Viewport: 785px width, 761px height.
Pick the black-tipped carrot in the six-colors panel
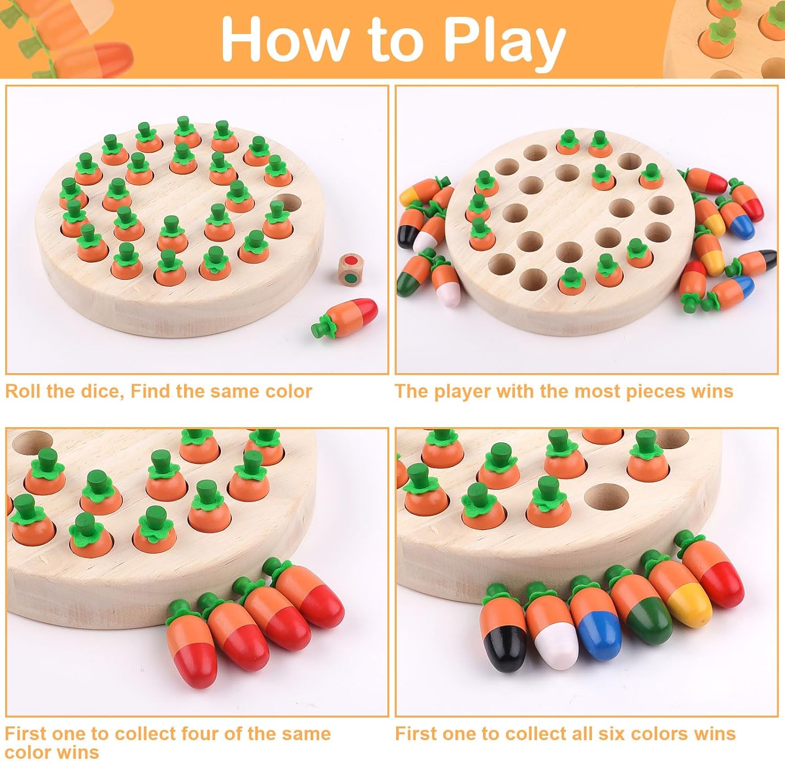click(503, 626)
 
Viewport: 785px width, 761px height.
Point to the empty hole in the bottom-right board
click(606, 497)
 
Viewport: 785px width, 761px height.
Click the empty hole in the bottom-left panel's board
click(31, 443)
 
